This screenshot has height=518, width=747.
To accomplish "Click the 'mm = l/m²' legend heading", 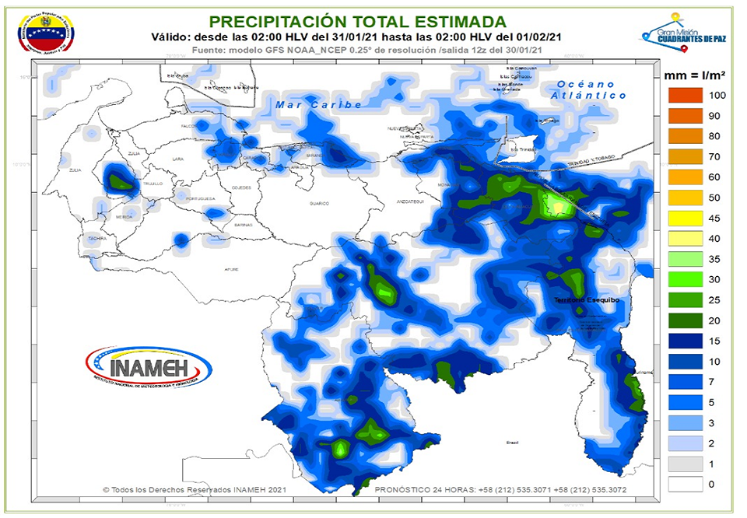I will point(695,75).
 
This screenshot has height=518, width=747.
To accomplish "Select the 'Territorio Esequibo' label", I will point(584,299).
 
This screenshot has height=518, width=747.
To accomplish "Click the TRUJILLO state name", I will point(153,184).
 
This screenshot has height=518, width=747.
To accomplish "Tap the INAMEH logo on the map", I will point(148,366).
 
